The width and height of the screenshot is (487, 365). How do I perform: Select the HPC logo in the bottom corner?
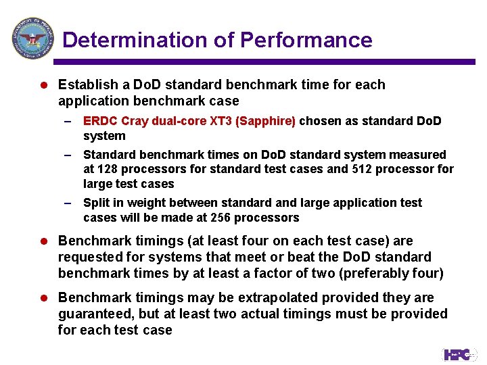[x=459, y=354]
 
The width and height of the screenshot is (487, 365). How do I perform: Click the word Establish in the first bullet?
[x=85, y=85]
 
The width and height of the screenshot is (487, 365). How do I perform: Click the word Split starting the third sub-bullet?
[x=95, y=203]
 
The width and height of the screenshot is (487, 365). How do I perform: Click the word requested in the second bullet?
[x=86, y=257]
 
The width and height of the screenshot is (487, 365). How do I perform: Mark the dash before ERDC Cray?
[x=68, y=121]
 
